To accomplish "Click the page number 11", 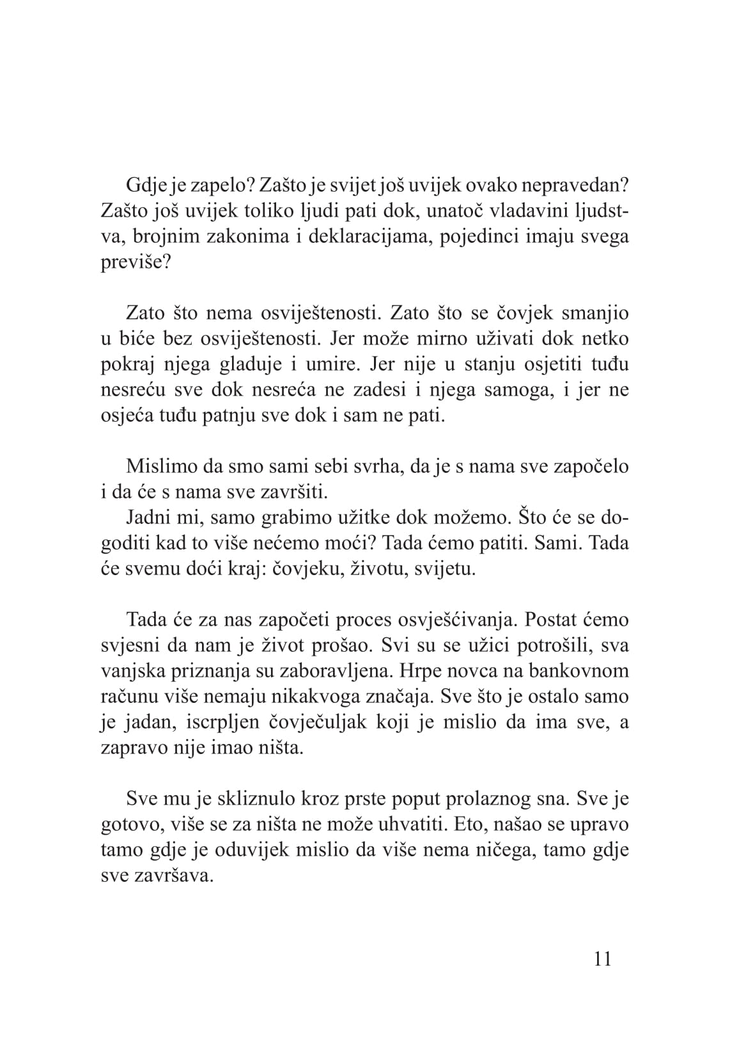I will tap(603, 959).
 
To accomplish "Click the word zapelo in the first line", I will tap(214, 186).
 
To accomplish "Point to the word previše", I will tap(136, 263).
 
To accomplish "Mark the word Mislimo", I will tap(160, 466).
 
